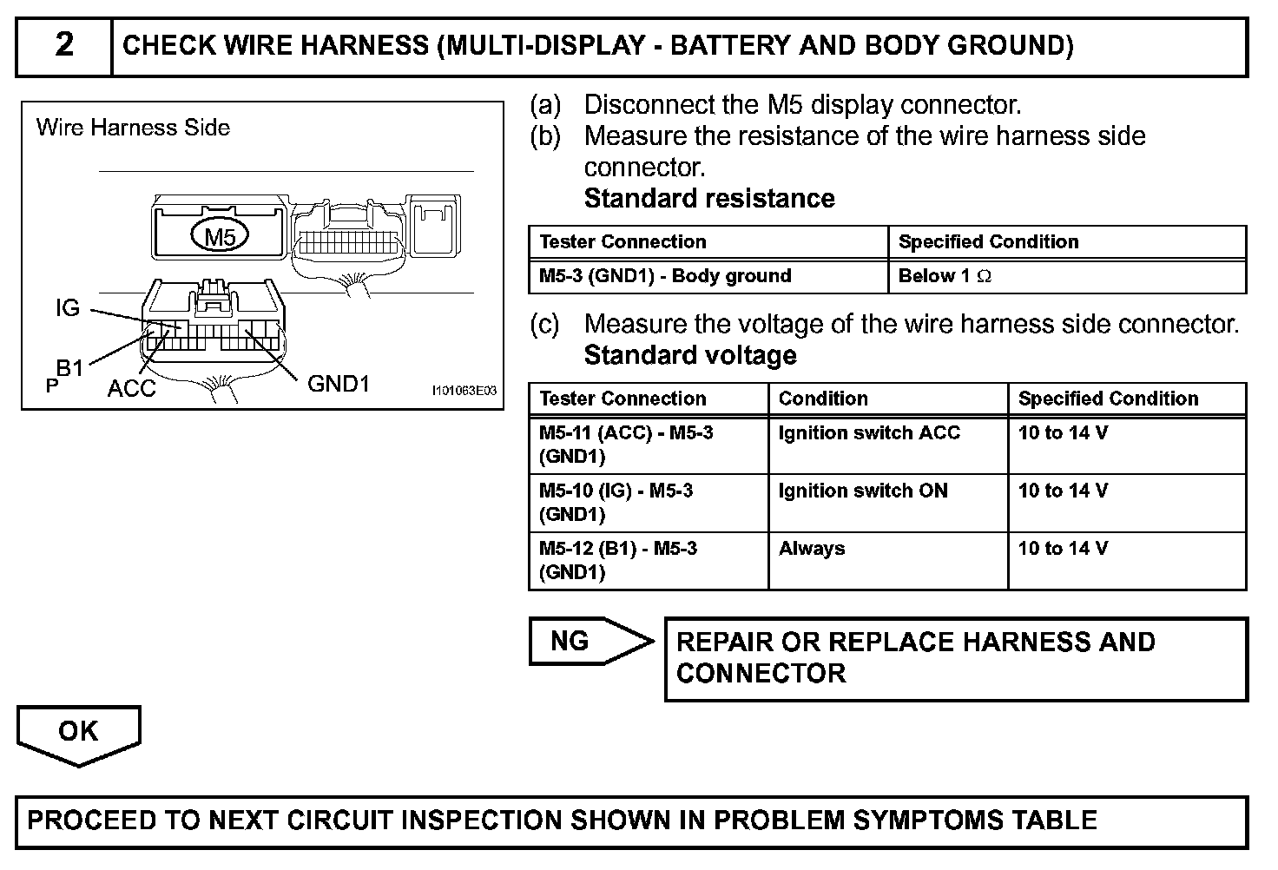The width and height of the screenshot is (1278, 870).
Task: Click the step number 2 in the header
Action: tap(64, 45)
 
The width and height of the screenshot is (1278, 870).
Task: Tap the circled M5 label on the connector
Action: tap(219, 236)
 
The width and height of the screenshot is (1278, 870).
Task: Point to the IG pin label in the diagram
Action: tap(67, 308)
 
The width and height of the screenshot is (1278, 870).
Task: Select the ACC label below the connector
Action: tap(131, 388)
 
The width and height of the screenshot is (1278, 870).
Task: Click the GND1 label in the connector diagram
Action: tap(339, 383)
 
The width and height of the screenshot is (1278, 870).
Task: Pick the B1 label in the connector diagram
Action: tap(69, 368)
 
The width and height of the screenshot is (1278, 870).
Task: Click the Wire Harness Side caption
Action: tap(133, 128)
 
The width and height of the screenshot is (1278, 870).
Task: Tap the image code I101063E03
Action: tap(464, 391)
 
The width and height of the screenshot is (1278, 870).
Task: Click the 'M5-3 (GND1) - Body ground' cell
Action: tap(665, 276)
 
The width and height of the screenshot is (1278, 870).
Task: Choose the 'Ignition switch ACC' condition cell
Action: tap(869, 432)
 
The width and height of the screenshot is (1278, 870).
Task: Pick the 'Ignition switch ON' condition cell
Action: tap(863, 491)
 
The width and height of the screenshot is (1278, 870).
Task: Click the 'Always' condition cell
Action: tap(812, 549)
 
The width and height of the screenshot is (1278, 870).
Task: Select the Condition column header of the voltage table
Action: tap(823, 399)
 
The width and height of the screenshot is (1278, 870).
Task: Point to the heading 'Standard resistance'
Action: tap(709, 198)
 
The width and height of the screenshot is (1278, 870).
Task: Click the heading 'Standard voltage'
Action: tap(690, 355)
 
